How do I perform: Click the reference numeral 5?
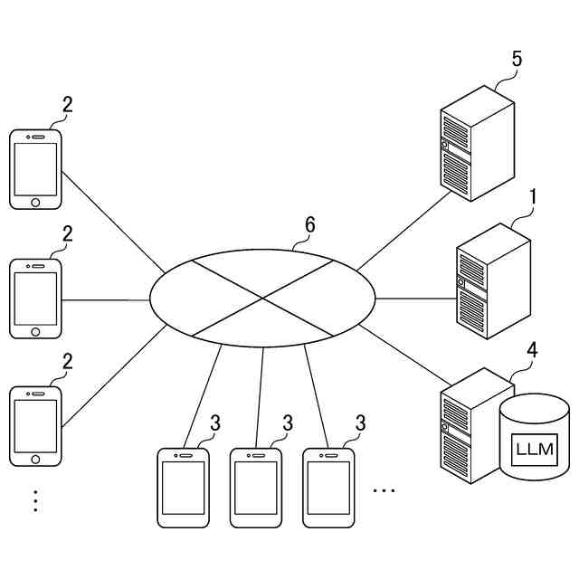click(517, 60)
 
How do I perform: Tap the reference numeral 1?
click(533, 196)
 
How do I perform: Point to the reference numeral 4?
click(533, 349)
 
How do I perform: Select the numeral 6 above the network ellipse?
click(309, 225)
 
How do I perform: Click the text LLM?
click(535, 450)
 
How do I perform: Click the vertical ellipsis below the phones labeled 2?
click(35, 500)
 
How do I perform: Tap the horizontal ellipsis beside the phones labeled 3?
click(384, 490)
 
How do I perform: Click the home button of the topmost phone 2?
click(35, 202)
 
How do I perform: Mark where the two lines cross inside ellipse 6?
click(262, 298)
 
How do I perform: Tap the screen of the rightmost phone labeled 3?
click(327, 488)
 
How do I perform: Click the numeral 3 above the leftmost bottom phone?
click(215, 422)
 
